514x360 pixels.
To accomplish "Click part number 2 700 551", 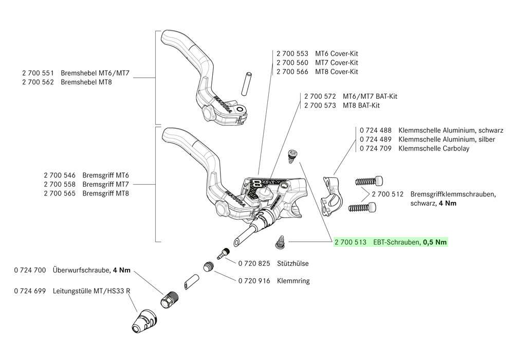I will (x=38, y=73).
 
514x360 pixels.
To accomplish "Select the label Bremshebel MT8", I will (x=88, y=82).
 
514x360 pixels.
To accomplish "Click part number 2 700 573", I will (x=319, y=105).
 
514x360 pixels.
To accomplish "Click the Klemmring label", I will (x=293, y=281).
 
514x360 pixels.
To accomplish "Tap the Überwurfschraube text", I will (x=81, y=270).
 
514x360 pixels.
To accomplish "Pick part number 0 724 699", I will (x=30, y=291).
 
